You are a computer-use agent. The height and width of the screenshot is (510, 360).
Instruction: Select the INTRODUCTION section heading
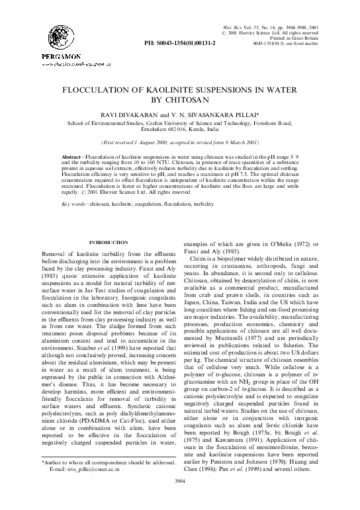(x=109, y=243)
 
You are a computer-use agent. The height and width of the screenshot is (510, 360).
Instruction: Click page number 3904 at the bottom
(x=180, y=499)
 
